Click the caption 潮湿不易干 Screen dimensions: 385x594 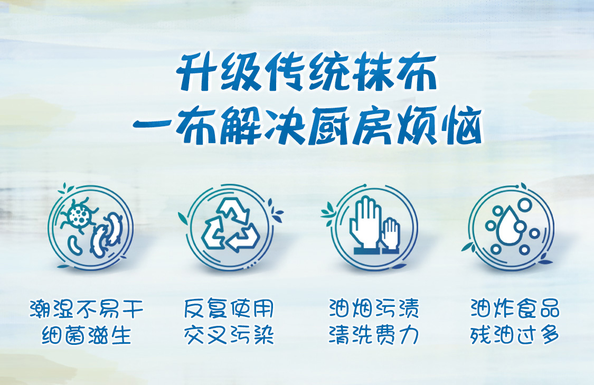[x=87, y=308]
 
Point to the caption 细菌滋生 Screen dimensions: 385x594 [x=87, y=335]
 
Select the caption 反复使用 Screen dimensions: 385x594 [x=229, y=308]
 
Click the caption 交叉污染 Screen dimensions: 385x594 [x=229, y=335]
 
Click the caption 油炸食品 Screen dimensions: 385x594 [x=515, y=308]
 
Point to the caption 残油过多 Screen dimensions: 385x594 [x=515, y=335]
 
